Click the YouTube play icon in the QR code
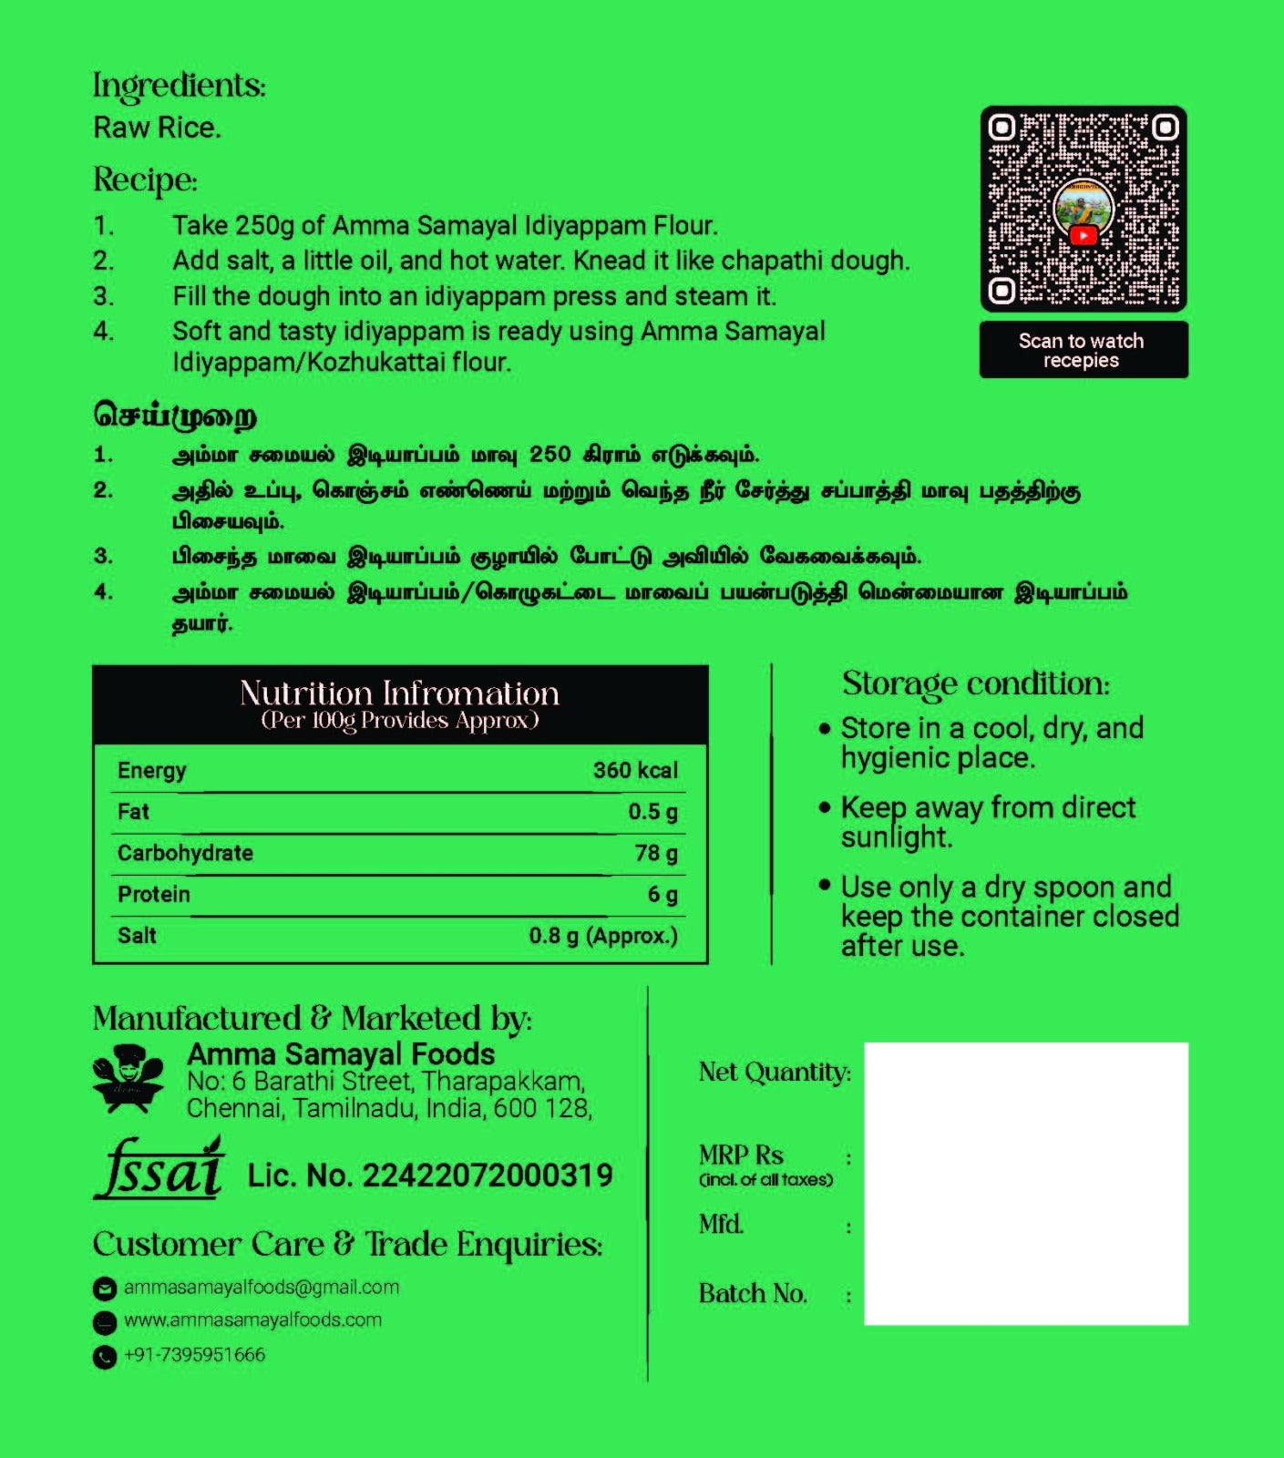(1083, 235)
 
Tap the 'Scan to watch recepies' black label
(1083, 350)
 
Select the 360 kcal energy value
(635, 771)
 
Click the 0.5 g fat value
(652, 812)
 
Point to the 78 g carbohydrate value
(656, 854)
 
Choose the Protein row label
(154, 895)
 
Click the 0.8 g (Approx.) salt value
(603, 936)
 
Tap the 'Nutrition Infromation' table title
(399, 694)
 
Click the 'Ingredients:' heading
(180, 87)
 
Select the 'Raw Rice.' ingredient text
(157, 128)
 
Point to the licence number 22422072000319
(488, 1176)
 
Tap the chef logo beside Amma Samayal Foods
(128, 1081)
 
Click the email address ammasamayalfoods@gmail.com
(262, 1288)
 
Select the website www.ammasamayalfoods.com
(252, 1320)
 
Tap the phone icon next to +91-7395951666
(105, 1357)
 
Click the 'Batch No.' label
(753, 1294)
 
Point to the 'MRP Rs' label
(741, 1155)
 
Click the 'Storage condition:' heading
(975, 683)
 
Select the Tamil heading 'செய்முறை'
(175, 416)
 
